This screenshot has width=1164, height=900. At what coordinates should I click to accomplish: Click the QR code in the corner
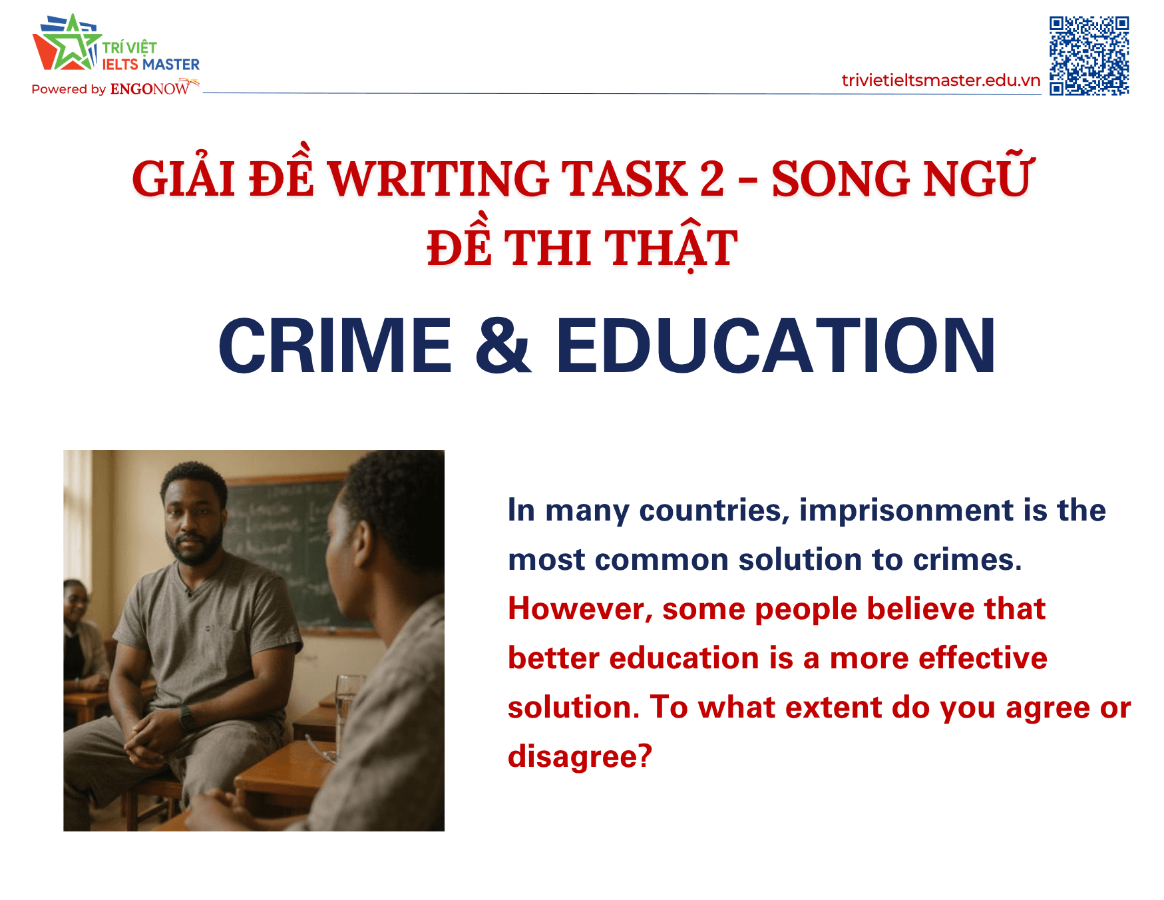(x=1089, y=56)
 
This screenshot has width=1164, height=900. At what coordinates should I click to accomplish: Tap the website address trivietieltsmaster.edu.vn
(x=940, y=81)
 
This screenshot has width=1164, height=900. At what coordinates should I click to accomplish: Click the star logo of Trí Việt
(x=67, y=45)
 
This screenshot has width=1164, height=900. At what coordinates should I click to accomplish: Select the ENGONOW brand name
(x=150, y=89)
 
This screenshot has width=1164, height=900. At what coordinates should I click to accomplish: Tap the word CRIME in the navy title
(x=335, y=345)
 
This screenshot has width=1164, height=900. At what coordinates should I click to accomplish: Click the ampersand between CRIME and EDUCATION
(x=503, y=345)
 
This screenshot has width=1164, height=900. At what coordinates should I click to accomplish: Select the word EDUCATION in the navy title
(x=776, y=345)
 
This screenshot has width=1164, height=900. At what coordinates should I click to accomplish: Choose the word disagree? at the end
(x=580, y=757)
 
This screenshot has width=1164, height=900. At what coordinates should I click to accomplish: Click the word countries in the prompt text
(x=714, y=511)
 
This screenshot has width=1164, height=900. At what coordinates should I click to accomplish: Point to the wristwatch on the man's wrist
(x=186, y=718)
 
